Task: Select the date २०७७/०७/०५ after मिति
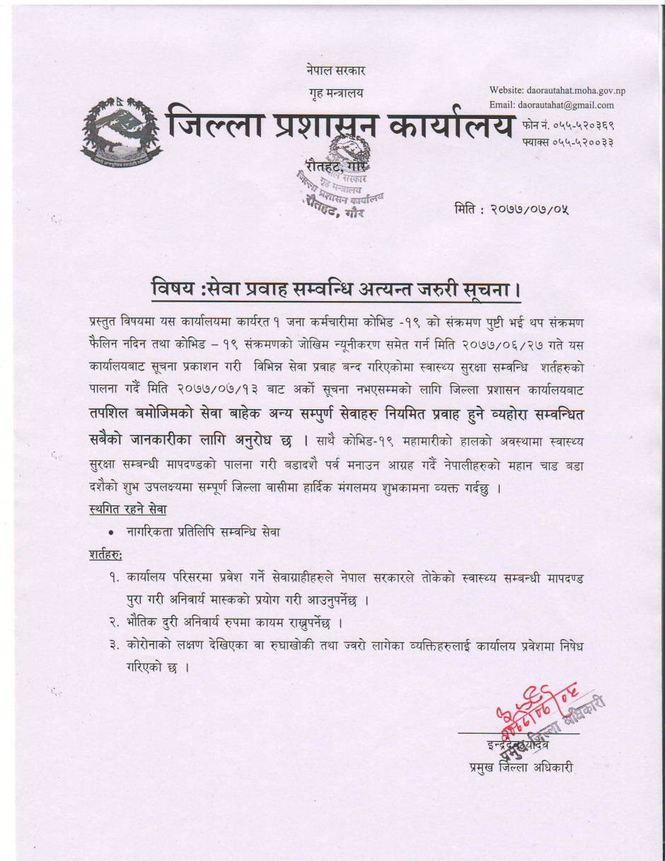point(535,210)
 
